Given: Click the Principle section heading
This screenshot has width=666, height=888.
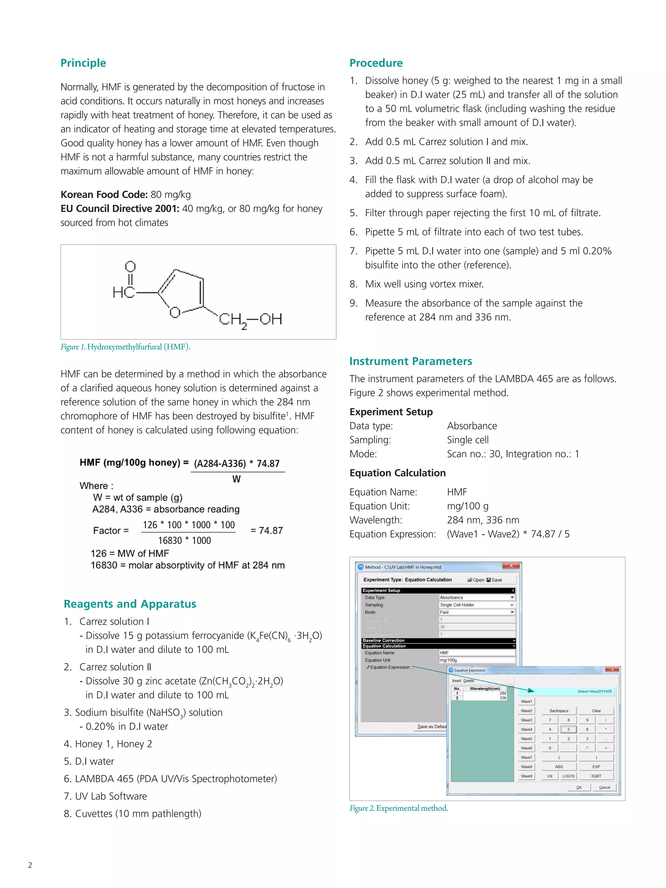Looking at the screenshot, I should [x=83, y=63].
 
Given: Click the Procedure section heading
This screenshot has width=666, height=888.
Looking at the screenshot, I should [x=376, y=63].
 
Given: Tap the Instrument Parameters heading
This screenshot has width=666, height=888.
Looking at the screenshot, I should [x=410, y=361].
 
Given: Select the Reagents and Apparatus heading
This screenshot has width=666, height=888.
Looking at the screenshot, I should [x=130, y=604].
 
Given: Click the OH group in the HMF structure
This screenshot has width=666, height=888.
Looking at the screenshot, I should [x=271, y=319].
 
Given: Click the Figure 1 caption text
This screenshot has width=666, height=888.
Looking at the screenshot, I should [x=125, y=347].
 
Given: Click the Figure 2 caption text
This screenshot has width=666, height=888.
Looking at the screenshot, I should [x=398, y=808].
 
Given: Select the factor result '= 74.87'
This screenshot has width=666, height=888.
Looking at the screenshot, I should [x=267, y=531].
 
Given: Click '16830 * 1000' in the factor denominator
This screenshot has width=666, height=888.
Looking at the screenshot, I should [x=184, y=541].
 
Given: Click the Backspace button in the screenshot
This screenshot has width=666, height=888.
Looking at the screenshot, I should [x=559, y=710].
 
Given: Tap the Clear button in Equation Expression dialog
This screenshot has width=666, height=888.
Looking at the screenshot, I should [x=596, y=710].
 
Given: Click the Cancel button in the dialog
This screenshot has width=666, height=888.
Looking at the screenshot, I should [x=604, y=787].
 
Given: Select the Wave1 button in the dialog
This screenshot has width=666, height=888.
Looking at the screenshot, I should [x=526, y=701].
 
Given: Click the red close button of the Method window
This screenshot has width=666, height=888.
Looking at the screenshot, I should [x=511, y=566].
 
